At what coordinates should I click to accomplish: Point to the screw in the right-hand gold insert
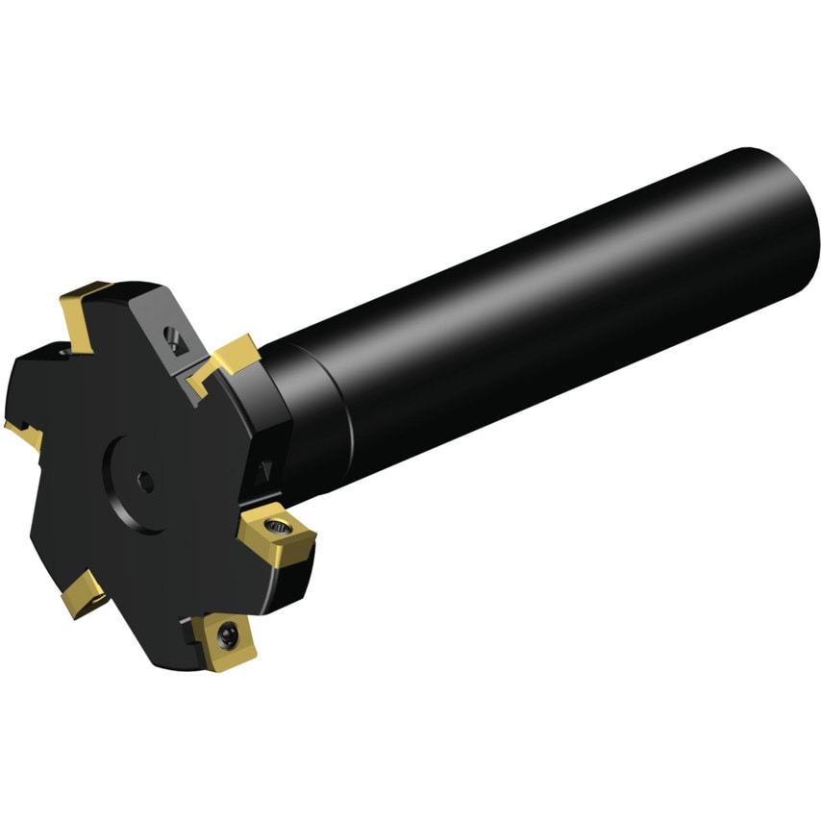pyautogui.click(x=280, y=526)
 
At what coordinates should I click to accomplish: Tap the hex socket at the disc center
pyautogui.click(x=145, y=482)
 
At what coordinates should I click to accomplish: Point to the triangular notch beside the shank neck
pyautogui.click(x=261, y=471)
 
